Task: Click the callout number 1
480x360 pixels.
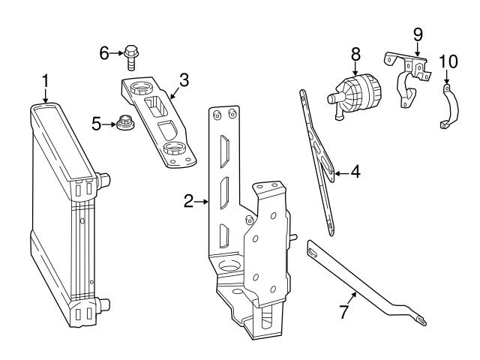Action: click(x=45, y=82)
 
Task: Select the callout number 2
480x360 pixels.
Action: click(x=188, y=202)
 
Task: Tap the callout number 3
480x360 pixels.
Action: click(x=184, y=80)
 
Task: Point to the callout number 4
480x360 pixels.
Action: click(x=355, y=172)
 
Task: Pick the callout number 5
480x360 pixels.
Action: click(x=97, y=124)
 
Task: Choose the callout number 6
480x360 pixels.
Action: click(x=104, y=53)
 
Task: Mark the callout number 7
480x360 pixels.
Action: click(x=344, y=312)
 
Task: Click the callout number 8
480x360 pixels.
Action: click(x=355, y=55)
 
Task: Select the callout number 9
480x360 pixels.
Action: click(x=418, y=34)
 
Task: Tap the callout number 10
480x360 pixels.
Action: click(x=448, y=61)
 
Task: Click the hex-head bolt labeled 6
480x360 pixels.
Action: click(x=131, y=58)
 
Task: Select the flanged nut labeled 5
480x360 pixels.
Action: click(x=125, y=122)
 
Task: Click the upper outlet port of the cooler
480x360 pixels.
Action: click(x=103, y=180)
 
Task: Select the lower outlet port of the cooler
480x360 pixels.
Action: click(x=103, y=305)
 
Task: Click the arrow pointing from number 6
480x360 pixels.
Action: click(x=117, y=53)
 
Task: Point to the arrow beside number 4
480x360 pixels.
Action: click(x=342, y=173)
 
